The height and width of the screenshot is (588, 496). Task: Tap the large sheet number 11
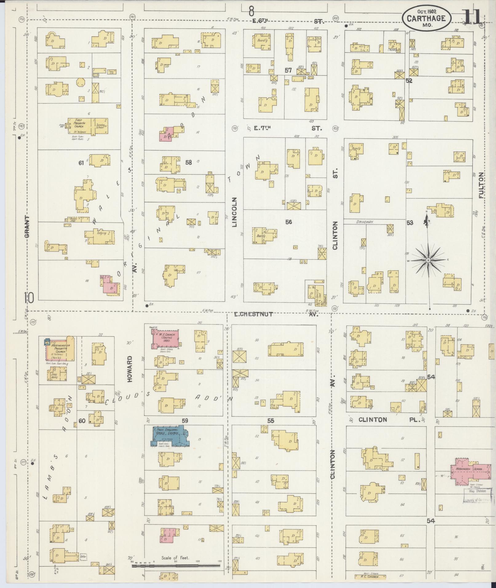pos(471,16)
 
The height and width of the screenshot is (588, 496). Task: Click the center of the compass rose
pos(428,260)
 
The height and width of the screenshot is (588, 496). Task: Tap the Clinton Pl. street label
pos(389,420)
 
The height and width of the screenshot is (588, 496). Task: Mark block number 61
pos(81,163)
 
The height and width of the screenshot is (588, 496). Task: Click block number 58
pos(188,162)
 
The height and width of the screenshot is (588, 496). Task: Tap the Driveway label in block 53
pos(365,221)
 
